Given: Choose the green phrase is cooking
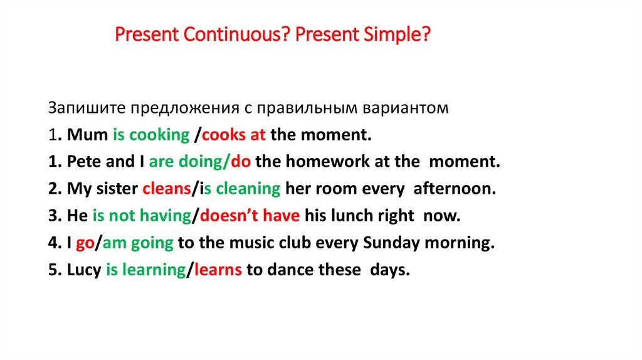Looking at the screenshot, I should [151, 134].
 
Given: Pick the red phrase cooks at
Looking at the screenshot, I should [234, 134].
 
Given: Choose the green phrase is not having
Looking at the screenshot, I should [142, 216].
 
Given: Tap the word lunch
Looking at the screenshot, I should [352, 216].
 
